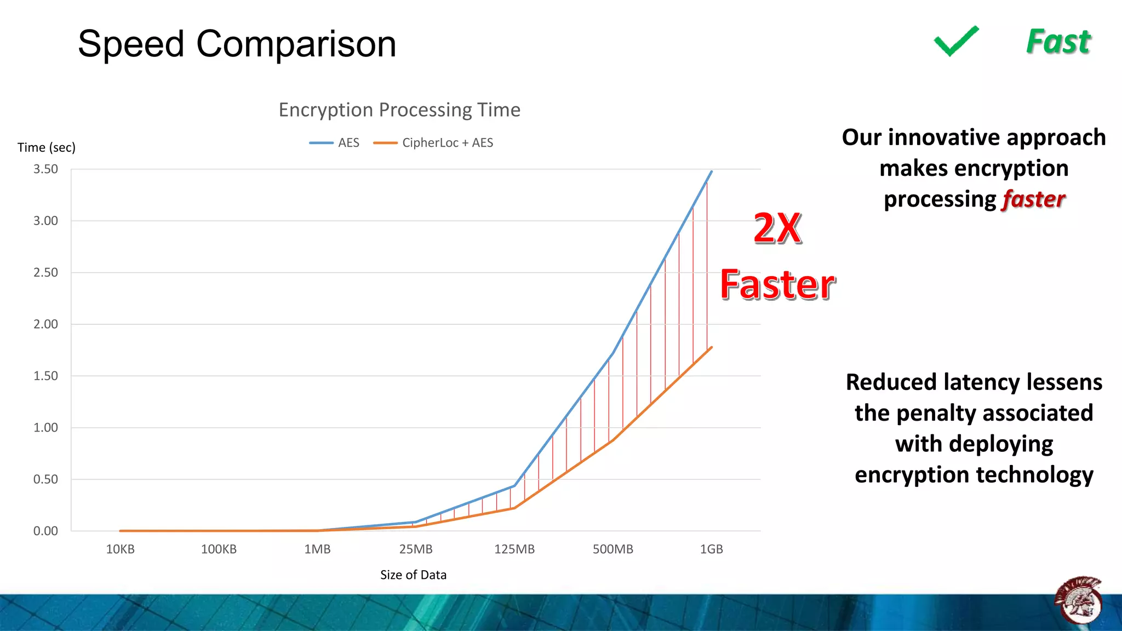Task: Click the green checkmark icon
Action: tap(956, 42)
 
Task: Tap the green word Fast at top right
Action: tap(1058, 42)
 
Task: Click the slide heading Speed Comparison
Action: tap(237, 44)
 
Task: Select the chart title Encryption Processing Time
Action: tap(399, 110)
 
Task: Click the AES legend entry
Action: tap(335, 143)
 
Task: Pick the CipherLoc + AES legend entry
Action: tap(433, 143)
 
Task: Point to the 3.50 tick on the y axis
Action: tap(45, 169)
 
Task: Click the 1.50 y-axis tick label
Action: tap(45, 376)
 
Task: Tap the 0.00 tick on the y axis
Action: tap(45, 531)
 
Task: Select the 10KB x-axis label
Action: tap(120, 549)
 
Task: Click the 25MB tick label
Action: tap(416, 549)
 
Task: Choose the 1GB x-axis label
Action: tap(711, 549)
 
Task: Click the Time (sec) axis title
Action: tap(47, 147)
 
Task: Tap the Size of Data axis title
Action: tap(413, 575)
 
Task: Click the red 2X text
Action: tap(777, 228)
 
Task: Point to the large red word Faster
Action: tap(777, 285)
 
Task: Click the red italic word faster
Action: tap(1033, 199)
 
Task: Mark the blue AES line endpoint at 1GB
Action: tap(711, 172)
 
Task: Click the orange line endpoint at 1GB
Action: tap(711, 348)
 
